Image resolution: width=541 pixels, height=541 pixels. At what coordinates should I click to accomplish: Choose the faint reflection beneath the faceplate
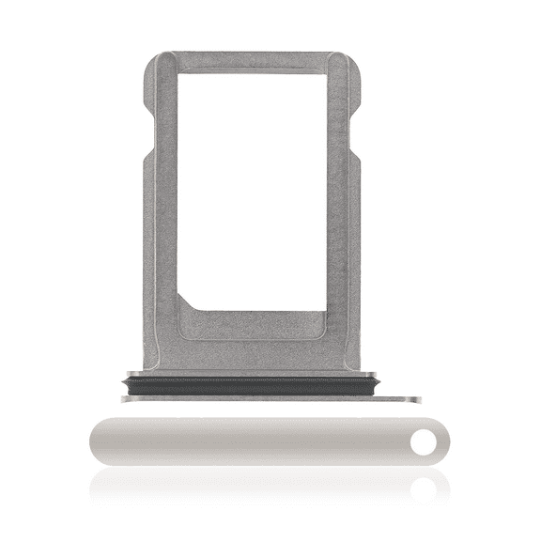pos(254,484)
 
